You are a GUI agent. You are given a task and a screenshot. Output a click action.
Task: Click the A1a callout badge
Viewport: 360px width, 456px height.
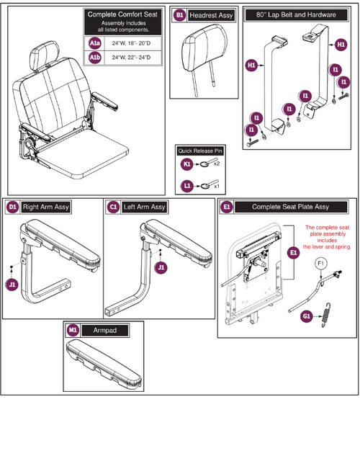click(95, 44)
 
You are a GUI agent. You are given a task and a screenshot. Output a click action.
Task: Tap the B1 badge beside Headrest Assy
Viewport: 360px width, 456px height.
click(180, 14)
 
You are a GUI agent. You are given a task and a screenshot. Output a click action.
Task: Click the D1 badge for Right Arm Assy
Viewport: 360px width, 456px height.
click(12, 207)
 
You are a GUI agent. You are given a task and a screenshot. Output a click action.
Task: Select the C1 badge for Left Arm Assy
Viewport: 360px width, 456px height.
click(113, 207)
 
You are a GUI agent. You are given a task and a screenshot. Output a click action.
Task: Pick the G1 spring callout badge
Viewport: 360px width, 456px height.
click(307, 314)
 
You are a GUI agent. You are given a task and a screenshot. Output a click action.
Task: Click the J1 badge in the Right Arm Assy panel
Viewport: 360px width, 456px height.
click(12, 285)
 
